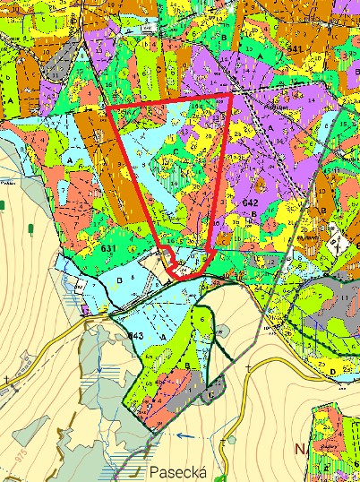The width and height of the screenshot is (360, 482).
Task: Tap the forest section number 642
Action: (251, 204)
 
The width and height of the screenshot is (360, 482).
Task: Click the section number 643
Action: (135, 335)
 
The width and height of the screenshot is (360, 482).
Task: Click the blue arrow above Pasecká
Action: (184, 436)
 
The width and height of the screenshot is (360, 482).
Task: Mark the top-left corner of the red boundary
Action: (107, 108)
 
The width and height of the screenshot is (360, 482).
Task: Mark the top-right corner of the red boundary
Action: (230, 94)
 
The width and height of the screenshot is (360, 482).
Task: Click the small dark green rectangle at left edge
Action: (4, 206)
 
